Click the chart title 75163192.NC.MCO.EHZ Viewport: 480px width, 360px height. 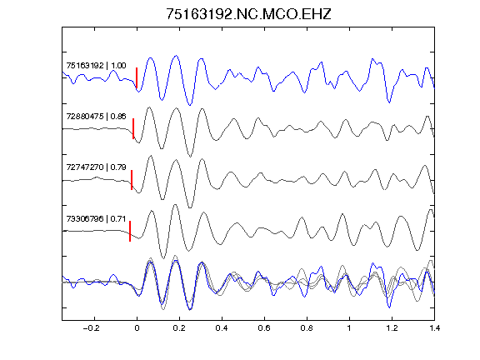[x=248, y=14]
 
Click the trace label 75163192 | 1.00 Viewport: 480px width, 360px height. [x=96, y=66]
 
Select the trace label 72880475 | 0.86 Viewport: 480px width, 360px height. [x=96, y=117]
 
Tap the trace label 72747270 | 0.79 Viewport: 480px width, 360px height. [x=96, y=167]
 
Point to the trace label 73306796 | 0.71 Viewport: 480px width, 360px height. [x=96, y=218]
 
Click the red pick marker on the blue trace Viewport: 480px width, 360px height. [x=137, y=78]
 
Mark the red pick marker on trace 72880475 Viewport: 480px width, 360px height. [x=133, y=128]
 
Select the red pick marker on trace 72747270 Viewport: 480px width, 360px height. [x=132, y=180]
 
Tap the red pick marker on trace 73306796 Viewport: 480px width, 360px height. [x=130, y=231]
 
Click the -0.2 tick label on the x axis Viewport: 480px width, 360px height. [x=92, y=328]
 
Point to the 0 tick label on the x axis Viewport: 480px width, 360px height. [x=137, y=328]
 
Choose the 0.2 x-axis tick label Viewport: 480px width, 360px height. [x=179, y=328]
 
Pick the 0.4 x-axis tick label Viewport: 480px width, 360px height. [x=222, y=328]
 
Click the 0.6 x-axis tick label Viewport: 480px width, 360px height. [x=264, y=328]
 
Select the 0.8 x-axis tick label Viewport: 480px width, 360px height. [x=307, y=328]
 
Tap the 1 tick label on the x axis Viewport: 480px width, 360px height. [x=349, y=328]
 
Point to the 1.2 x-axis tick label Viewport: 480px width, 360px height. [x=392, y=328]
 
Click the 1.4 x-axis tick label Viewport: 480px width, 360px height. [x=434, y=328]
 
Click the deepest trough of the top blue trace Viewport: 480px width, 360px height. [x=190, y=105]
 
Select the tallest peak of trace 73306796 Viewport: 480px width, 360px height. [x=175, y=205]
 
